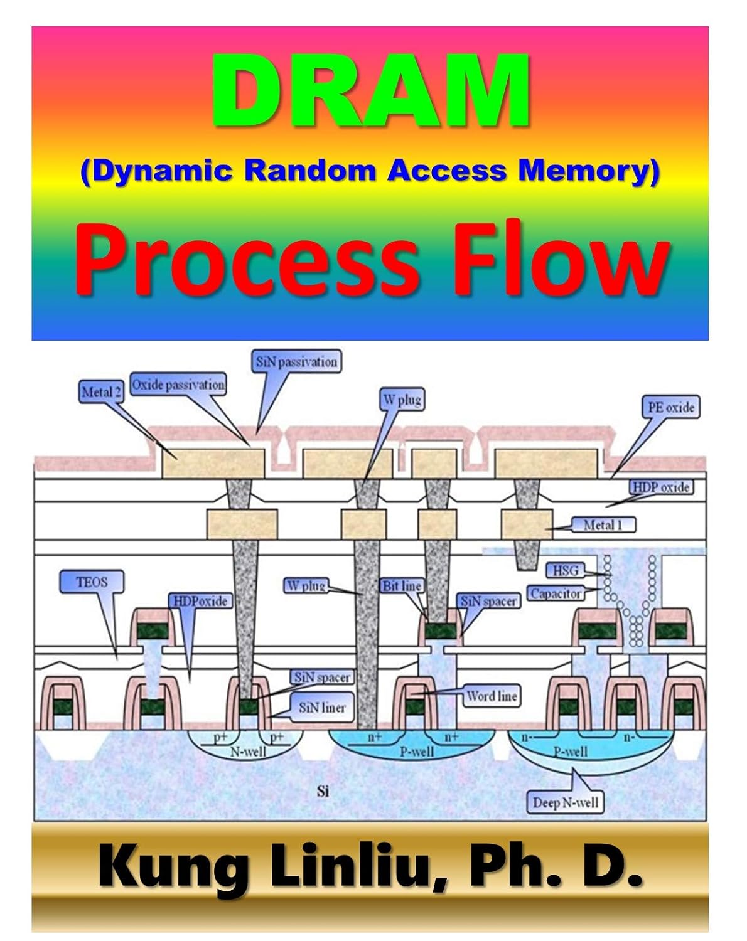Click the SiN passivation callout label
pos(297,362)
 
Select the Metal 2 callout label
pos(100,393)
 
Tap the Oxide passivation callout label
pos(178,385)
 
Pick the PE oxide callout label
pos(670,407)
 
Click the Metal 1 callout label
pos(603,525)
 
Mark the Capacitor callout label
pos(556,593)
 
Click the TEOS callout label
pos(92,582)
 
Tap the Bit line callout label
pos(402,586)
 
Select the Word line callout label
pos(492,696)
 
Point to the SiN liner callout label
pos(322,708)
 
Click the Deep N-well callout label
pos(565,802)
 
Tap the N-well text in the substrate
pos(248,751)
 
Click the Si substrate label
pos(323,791)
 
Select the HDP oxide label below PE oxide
pos(660,487)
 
